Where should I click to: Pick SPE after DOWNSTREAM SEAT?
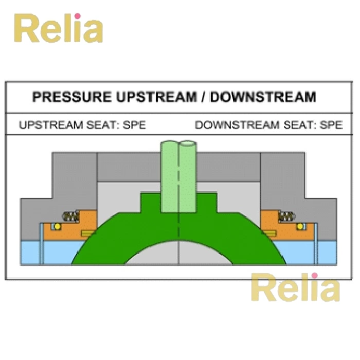tap(331, 125)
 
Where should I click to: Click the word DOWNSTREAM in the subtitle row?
tap(229, 125)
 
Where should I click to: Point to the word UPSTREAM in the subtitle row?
tap(46, 125)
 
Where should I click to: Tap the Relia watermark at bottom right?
tap(295, 289)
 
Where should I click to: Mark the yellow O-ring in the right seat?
tap(299, 226)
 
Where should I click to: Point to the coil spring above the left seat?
tap(70, 216)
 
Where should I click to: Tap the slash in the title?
tap(203, 97)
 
